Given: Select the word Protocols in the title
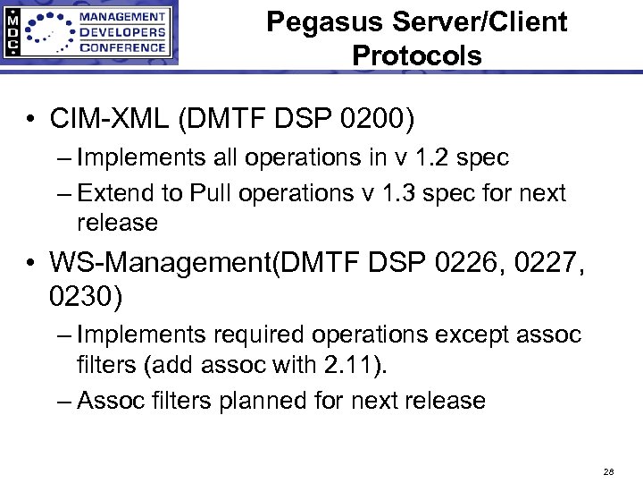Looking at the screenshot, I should pyautogui.click(x=417, y=55).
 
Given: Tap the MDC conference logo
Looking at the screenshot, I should pyautogui.click(x=89, y=33).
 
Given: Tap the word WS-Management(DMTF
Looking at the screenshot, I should pyautogui.click(x=187, y=263).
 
